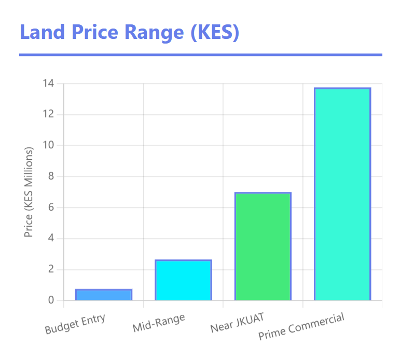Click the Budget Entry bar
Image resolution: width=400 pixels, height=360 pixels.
104,295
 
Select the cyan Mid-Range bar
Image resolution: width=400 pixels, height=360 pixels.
183,280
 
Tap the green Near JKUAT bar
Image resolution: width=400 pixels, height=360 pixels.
263,246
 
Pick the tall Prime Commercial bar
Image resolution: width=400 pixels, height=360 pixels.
342,194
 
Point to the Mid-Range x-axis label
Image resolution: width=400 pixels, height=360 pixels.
159,324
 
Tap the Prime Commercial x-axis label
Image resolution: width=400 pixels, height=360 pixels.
301,327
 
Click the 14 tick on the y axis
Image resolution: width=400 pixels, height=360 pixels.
49,84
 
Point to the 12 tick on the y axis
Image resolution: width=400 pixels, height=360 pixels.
49,115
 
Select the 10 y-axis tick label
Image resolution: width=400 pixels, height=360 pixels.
49,146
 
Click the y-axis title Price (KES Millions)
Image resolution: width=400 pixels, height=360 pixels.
29,192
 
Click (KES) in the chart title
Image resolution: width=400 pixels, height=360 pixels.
214,32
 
